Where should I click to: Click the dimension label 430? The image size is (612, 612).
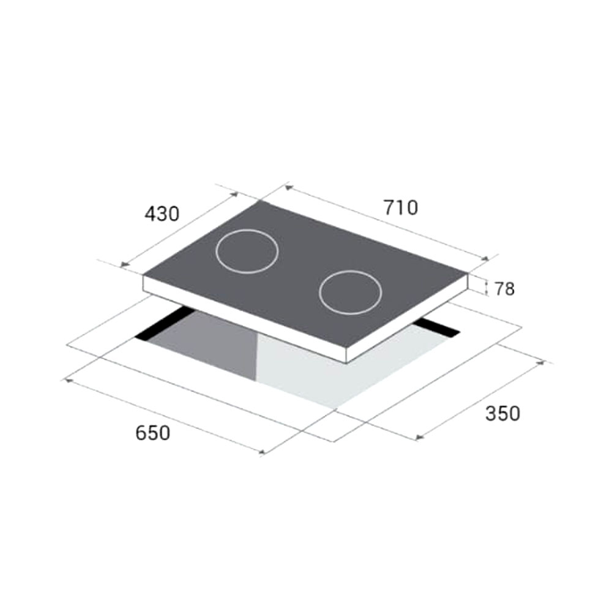[x=162, y=214]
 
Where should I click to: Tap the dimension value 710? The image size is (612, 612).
[x=401, y=207]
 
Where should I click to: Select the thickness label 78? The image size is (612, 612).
[x=504, y=289]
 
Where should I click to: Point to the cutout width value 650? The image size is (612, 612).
[x=152, y=433]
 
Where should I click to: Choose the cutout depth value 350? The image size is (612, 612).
[x=502, y=414]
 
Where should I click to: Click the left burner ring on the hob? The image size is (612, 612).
[x=247, y=251]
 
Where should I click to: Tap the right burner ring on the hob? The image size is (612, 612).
[x=350, y=293]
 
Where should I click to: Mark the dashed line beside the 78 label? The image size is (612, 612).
[x=487, y=288]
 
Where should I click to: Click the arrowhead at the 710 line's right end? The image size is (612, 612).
[x=487, y=259]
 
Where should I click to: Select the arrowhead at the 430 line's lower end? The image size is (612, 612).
[x=124, y=264]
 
